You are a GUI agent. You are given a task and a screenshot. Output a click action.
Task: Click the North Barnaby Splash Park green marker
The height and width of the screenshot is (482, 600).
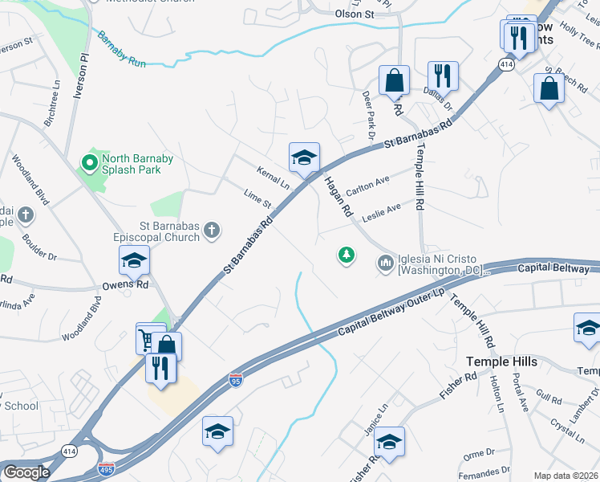pyautogui.click(x=88, y=164)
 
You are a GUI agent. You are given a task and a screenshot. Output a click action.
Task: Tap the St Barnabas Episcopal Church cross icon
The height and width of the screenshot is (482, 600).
pyautogui.click(x=213, y=231)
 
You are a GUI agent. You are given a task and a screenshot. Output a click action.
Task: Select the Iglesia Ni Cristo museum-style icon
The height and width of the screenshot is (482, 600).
pyautogui.click(x=385, y=262)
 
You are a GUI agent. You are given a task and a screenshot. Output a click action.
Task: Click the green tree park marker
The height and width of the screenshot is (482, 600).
pyautogui.click(x=347, y=255)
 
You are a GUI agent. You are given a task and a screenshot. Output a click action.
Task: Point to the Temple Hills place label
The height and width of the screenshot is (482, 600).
pyautogui.click(x=503, y=362)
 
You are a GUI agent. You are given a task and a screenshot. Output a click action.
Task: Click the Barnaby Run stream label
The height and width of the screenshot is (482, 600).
pyautogui.click(x=122, y=48)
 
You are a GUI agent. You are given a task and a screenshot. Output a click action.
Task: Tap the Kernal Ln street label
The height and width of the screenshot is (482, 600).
pyautogui.click(x=273, y=177)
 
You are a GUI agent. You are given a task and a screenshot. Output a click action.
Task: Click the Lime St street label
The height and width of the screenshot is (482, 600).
pyautogui.click(x=257, y=198)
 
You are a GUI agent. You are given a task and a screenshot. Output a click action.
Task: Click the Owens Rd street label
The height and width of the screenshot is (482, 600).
pyautogui.click(x=126, y=284)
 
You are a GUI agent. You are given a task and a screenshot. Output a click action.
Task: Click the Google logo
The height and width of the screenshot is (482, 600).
pyautogui.click(x=27, y=472)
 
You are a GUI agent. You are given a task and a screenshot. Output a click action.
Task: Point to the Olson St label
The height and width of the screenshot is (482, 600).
pyautogui.click(x=355, y=14)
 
